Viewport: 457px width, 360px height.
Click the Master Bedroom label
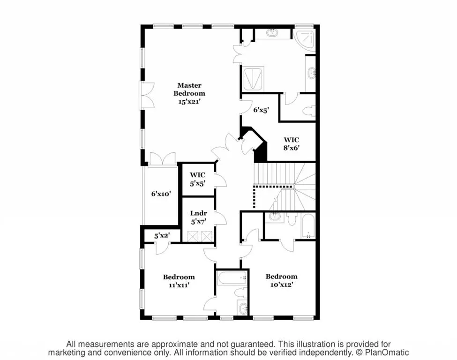(x=189, y=89)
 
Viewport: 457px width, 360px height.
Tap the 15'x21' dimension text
(x=189, y=101)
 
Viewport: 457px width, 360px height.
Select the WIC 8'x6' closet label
(x=291, y=143)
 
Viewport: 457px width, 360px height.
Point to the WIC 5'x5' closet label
(x=197, y=180)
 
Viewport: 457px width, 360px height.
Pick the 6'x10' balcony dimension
(x=161, y=193)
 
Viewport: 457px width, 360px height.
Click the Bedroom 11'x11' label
(x=179, y=280)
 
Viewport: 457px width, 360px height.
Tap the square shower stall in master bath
(x=253, y=78)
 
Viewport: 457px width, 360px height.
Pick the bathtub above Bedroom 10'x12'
(x=307, y=226)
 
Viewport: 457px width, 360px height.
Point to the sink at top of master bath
(x=272, y=33)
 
